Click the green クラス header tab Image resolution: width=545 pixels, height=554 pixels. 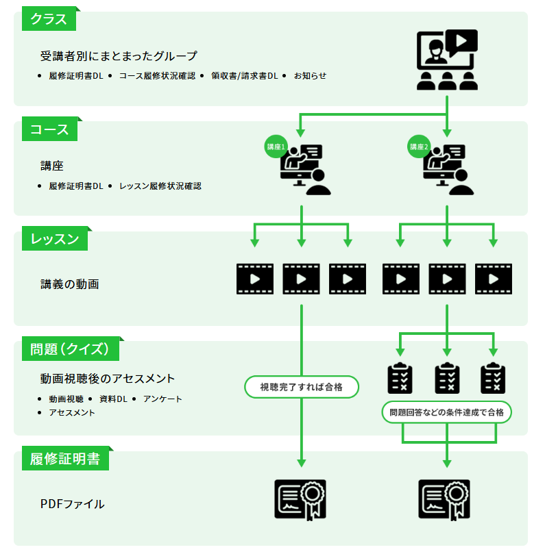point(49,19)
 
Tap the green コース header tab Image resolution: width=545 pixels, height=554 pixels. point(49,129)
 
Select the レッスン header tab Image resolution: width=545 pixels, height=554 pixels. point(55,239)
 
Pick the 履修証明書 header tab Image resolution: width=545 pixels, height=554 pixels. point(65,459)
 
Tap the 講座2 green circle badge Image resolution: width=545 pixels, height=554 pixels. point(419,147)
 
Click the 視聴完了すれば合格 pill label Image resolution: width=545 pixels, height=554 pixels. point(302,387)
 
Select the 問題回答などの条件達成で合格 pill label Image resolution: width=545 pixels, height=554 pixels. point(446,412)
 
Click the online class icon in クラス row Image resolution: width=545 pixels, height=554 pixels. point(447,60)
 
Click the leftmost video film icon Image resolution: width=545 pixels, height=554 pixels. point(255,279)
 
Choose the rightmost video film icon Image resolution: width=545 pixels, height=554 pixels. point(494,279)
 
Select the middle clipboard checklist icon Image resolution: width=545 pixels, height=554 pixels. point(447,378)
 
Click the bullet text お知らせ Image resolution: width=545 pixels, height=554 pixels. point(310,75)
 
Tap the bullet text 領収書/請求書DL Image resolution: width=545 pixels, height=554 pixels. point(244,75)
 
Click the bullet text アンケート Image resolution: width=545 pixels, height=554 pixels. point(162,399)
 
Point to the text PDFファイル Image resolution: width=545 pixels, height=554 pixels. point(73,505)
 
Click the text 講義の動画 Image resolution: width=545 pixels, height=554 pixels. point(70,284)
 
